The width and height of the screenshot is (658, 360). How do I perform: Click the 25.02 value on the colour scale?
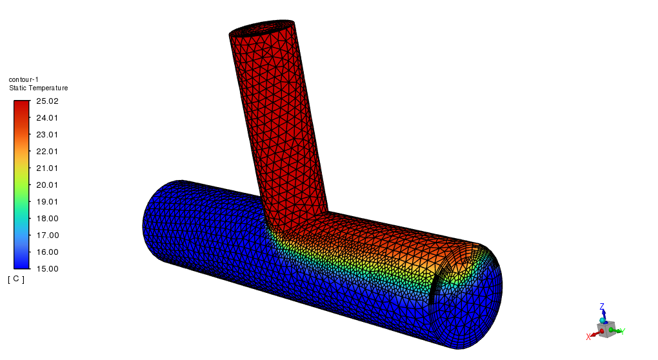(x=47, y=101)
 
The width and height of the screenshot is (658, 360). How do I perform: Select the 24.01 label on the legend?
(x=47, y=118)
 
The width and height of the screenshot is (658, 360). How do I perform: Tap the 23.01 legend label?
(x=47, y=135)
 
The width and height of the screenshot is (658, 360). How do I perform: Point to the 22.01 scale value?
(x=47, y=152)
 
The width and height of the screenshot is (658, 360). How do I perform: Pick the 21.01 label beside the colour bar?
(x=47, y=168)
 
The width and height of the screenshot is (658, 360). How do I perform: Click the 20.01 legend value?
(x=47, y=185)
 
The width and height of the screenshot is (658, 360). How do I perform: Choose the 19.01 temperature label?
(x=47, y=202)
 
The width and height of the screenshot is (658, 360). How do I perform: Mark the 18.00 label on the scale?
(x=47, y=219)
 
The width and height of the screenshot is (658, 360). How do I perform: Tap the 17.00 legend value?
(x=47, y=235)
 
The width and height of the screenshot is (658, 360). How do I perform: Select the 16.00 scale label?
(x=47, y=252)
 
